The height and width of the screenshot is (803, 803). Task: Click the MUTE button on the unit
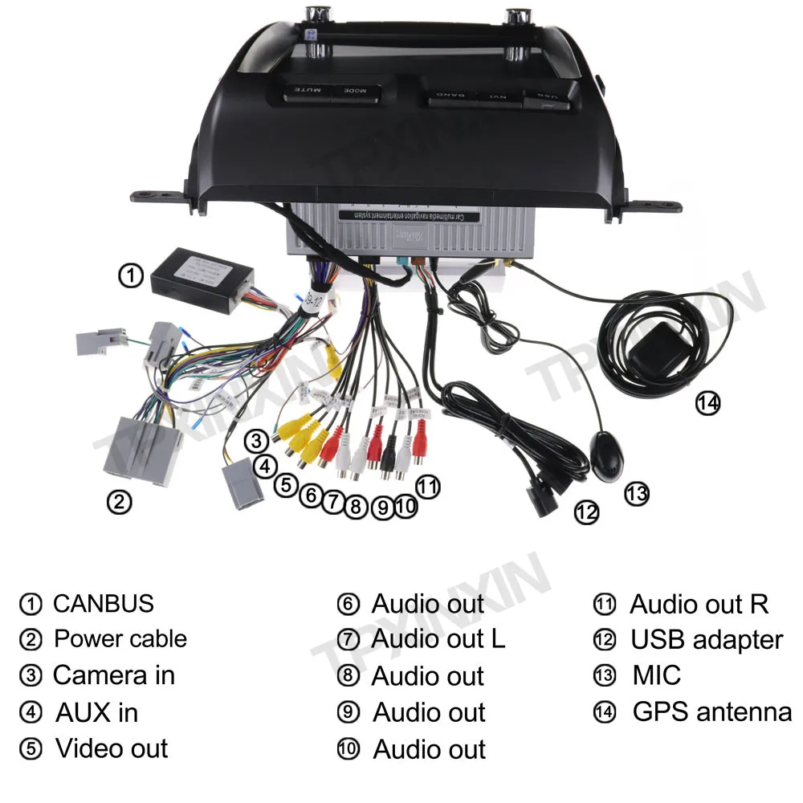pos(305,92)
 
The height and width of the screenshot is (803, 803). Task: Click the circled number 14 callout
pos(707,402)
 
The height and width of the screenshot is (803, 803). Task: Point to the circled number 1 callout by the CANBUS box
pos(131,275)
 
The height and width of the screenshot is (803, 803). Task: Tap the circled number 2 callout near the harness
pos(118,503)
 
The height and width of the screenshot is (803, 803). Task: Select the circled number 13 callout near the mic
pos(636,492)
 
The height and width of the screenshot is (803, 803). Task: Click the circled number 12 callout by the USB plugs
pos(587,512)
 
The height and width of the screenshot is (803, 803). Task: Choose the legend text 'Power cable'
pos(120,639)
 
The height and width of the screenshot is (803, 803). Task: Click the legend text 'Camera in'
pos(113,675)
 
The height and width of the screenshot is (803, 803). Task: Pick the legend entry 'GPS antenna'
pos(711,711)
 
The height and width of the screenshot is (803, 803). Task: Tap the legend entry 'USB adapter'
pos(706,640)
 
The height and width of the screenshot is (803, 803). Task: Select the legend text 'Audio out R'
pos(699,604)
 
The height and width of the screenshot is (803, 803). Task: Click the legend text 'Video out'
pos(112,748)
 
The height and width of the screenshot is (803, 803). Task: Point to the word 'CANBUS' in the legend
pos(103,603)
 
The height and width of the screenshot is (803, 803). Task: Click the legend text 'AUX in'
pos(96,712)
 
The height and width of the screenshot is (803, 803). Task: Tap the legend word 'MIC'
pos(656,675)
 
